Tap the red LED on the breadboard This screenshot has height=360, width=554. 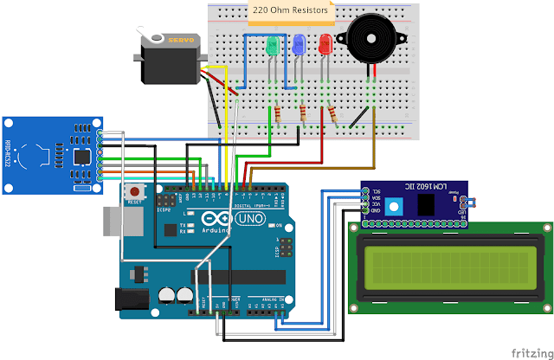point(325,43)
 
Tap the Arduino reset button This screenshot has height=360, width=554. point(134,190)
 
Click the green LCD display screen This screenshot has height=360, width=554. point(448,267)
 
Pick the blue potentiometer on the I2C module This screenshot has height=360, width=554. point(396,206)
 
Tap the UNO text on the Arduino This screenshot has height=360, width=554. point(249,221)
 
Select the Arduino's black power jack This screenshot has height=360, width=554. point(130,299)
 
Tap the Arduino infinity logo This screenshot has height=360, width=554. point(221,222)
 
